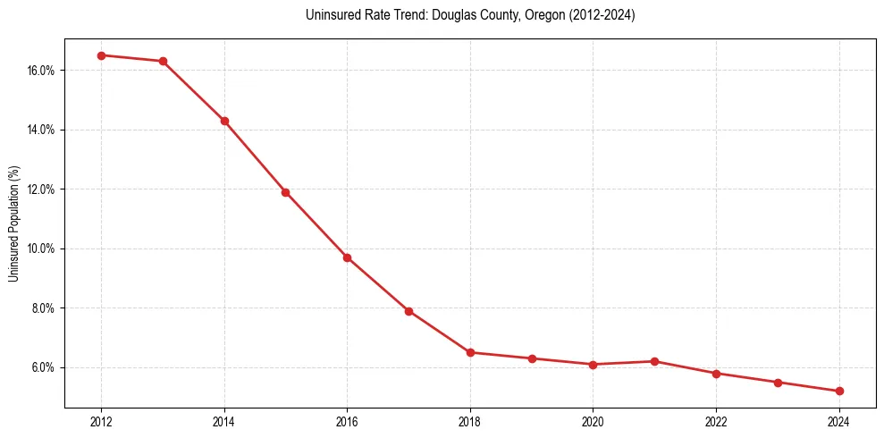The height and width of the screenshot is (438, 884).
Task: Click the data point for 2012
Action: coord(101,55)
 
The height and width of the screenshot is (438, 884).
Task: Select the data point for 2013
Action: coord(163,62)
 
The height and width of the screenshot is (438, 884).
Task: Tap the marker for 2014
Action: coord(224,121)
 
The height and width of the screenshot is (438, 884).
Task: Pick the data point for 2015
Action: coord(285,192)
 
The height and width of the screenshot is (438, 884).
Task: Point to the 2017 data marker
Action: coord(408,311)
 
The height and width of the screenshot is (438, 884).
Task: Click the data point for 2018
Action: coord(470,352)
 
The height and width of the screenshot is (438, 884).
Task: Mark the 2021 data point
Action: coord(654,361)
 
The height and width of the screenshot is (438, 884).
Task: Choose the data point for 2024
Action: coord(839,391)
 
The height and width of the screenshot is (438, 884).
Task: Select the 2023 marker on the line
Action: coord(778,383)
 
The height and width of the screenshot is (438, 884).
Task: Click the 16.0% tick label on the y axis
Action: coord(42,71)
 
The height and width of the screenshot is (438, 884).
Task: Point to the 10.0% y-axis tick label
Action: coord(42,248)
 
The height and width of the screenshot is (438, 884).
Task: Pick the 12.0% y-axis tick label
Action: coord(42,190)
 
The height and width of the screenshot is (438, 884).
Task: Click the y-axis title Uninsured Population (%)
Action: coord(14,223)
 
